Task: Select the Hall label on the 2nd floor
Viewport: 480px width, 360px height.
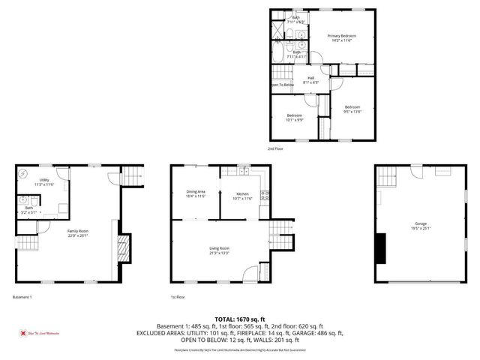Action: (x=310, y=79)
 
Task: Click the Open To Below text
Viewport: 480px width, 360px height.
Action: (x=282, y=85)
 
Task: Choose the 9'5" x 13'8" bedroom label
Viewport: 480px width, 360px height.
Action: (x=352, y=109)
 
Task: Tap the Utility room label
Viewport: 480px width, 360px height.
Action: (x=45, y=182)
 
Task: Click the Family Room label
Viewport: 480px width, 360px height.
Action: (x=77, y=233)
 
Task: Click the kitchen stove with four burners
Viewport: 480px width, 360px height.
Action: (x=264, y=196)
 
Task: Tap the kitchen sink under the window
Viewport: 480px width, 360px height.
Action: (x=243, y=171)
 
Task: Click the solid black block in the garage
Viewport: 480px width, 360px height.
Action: (x=380, y=247)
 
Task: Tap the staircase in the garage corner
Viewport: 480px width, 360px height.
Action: (x=386, y=177)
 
